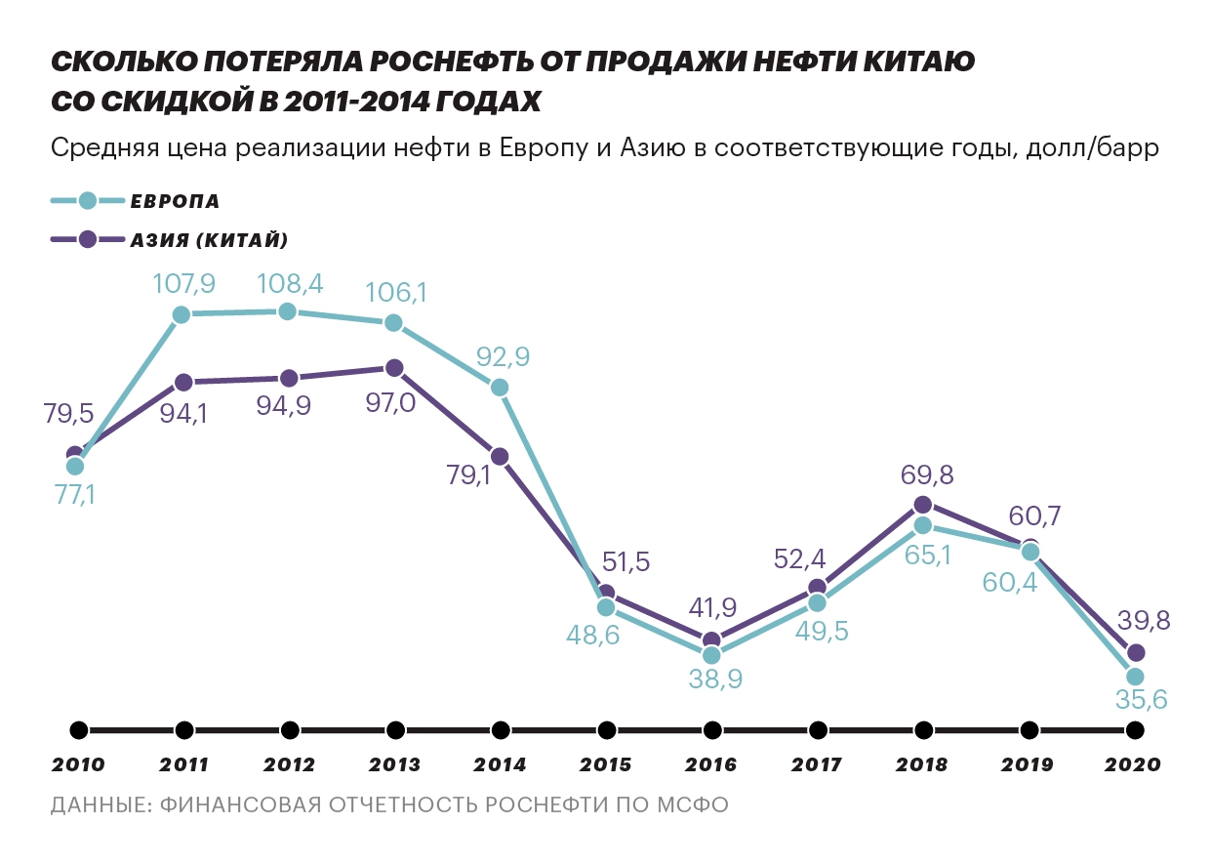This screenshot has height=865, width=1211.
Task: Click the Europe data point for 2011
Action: pos(182,314)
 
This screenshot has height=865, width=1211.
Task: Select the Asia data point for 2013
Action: pos(393,368)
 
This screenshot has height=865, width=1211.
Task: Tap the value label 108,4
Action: pos(289,283)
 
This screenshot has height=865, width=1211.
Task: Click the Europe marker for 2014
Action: pos(500,388)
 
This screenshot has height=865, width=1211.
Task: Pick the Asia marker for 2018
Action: pos(923,505)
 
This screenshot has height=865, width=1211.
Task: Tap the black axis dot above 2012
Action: pos(289,730)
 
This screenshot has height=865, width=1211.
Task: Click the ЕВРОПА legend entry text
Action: pos(175,202)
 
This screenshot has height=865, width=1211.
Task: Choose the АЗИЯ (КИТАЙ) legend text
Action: pos(209,239)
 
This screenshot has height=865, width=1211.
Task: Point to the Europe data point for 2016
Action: pos(712,655)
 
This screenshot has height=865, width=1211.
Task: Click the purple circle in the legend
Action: pos(87,239)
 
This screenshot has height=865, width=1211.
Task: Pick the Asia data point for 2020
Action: pos(1135,652)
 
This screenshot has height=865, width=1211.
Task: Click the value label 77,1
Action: pos(75,496)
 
